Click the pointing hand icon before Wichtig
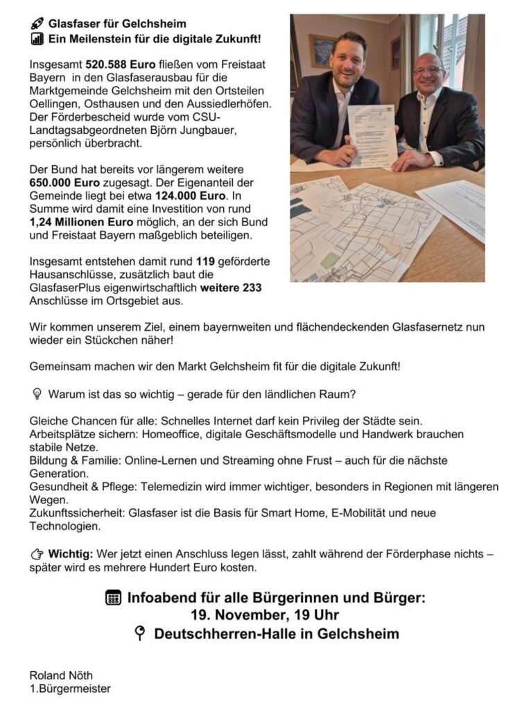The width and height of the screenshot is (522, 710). (37, 554)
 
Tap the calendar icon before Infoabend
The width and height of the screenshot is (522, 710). (114, 598)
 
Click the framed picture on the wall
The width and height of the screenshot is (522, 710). (321, 50)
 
